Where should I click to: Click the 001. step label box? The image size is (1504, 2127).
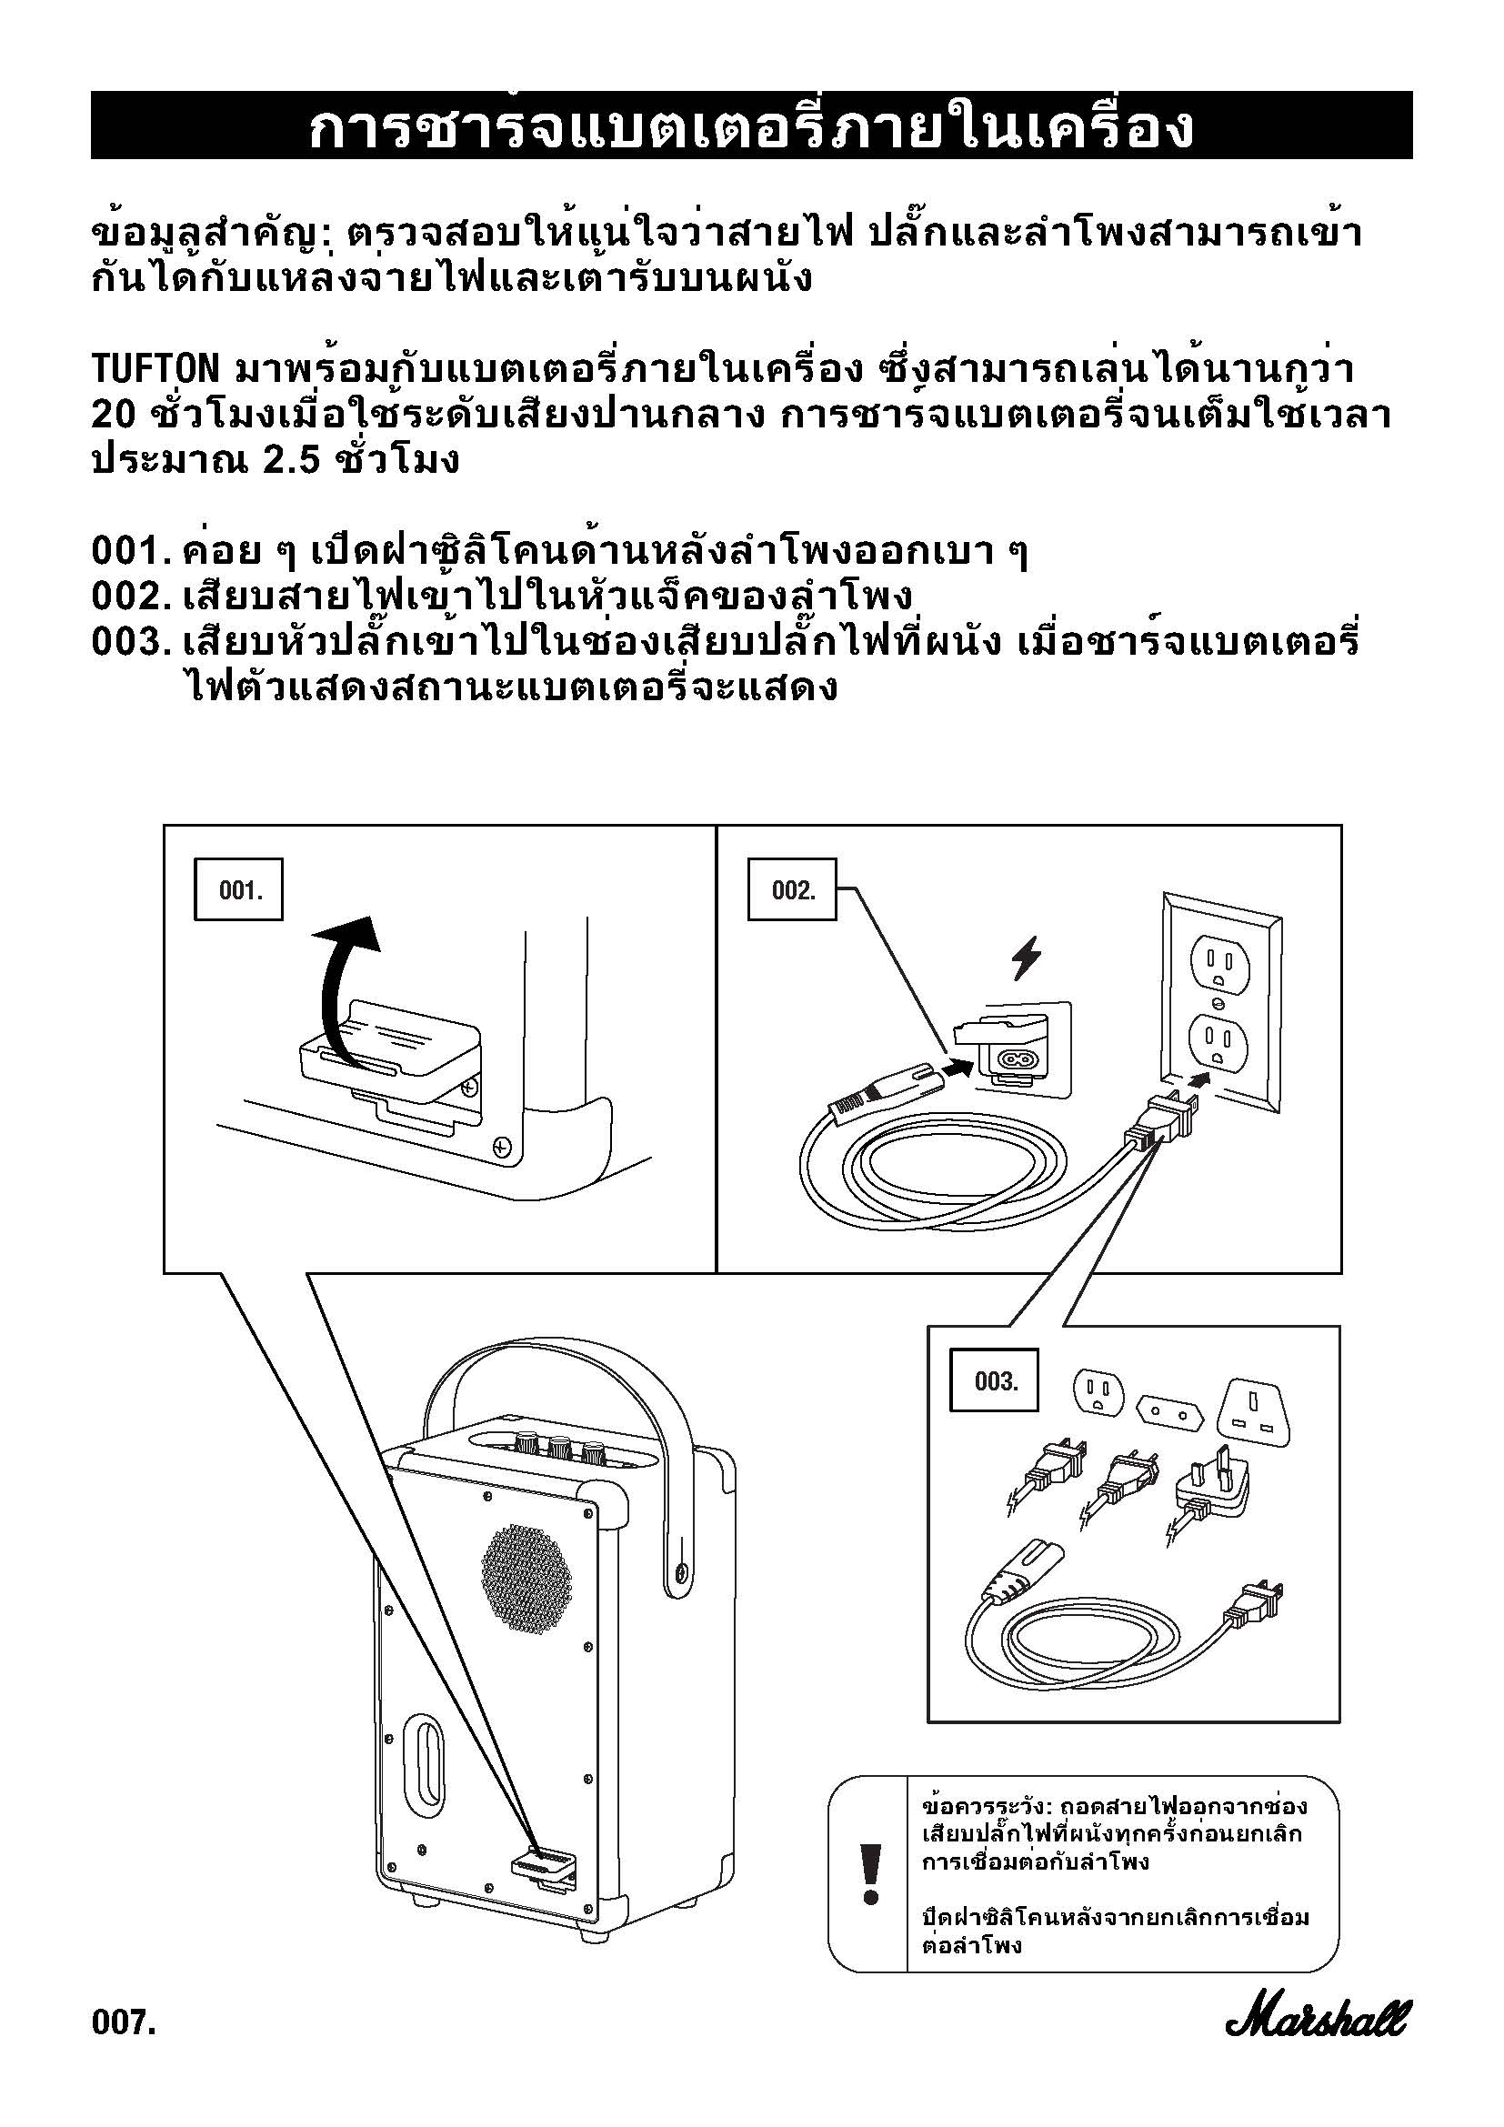(x=238, y=889)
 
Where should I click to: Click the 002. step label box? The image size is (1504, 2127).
(x=792, y=889)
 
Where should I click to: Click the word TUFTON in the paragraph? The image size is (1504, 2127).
(x=155, y=369)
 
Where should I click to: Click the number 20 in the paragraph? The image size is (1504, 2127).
(x=114, y=414)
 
